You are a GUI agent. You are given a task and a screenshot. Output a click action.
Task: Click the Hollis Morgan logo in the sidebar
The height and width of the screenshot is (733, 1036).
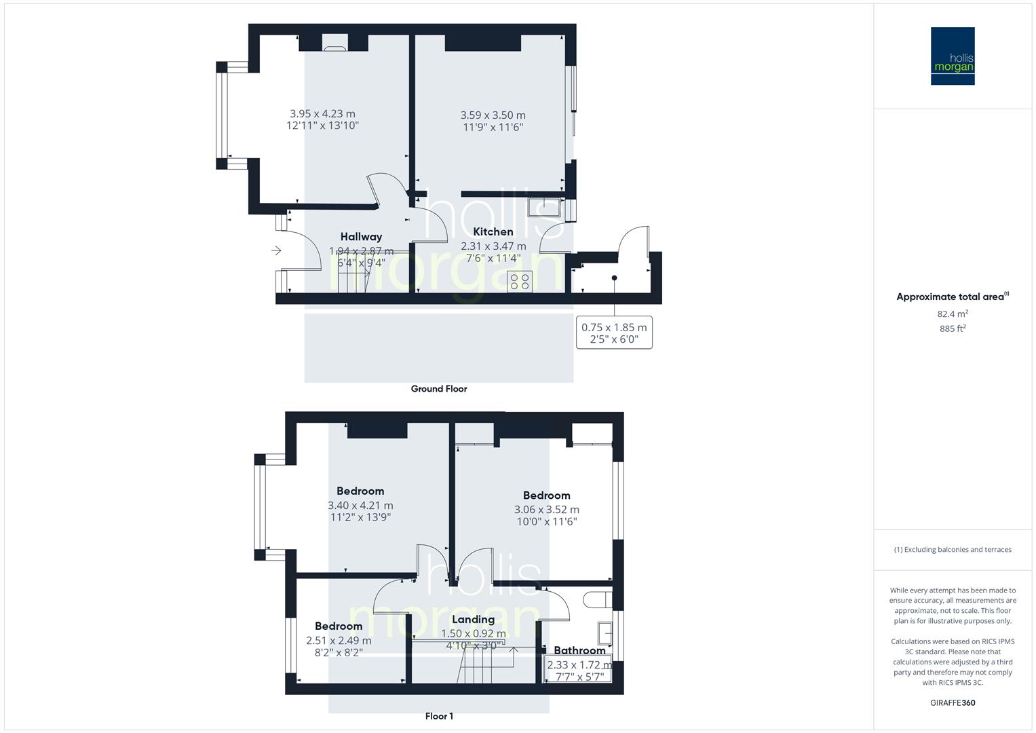(x=953, y=56)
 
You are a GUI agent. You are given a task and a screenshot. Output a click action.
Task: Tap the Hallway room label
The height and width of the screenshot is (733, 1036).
(x=361, y=237)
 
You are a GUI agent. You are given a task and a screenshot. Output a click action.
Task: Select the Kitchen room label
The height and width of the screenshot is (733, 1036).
(x=493, y=231)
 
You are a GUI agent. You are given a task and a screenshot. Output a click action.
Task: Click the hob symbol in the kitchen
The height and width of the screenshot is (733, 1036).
(x=520, y=281)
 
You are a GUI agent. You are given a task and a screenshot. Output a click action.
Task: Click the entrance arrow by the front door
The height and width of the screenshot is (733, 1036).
(x=276, y=251)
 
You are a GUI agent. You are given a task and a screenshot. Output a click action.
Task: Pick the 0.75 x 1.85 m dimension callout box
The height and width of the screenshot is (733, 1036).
(x=614, y=333)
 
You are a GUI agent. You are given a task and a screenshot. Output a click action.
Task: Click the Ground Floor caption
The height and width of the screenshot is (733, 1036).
(x=439, y=389)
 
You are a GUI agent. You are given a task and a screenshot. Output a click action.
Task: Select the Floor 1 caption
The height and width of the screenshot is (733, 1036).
(x=439, y=716)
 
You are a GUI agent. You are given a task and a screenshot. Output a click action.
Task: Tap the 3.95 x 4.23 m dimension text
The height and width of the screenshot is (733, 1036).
(x=322, y=114)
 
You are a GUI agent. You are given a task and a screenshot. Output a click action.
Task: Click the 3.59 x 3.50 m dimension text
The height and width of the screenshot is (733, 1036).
(x=493, y=115)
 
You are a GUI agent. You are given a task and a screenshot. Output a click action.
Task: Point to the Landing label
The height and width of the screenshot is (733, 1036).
(x=473, y=620)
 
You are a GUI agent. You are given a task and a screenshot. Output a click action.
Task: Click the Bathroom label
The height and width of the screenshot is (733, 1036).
(x=579, y=650)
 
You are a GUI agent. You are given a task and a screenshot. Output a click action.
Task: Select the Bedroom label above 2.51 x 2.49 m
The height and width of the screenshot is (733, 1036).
(x=339, y=626)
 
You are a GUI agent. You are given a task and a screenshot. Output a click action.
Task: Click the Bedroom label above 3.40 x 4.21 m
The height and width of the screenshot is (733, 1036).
(x=360, y=491)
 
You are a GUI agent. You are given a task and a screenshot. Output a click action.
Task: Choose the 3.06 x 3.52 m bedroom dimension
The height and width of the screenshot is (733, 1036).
(x=546, y=510)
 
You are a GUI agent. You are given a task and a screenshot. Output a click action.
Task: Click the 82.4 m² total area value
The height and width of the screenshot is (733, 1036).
(x=953, y=314)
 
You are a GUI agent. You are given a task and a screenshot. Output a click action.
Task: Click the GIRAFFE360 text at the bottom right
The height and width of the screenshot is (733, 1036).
(x=953, y=703)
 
